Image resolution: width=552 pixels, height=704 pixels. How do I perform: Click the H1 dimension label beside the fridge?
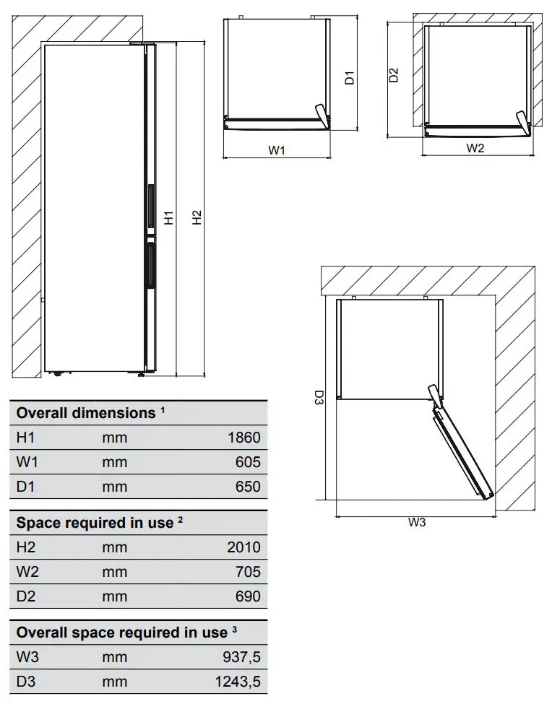(x=169, y=217)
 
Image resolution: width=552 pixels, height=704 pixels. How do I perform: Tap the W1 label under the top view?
(x=277, y=150)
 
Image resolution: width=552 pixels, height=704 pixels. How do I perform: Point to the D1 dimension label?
(x=349, y=77)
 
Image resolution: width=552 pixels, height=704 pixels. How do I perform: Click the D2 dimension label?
(x=394, y=75)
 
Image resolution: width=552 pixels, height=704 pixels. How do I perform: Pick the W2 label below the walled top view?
(x=475, y=148)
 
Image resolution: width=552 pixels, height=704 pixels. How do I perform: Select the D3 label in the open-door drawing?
(x=318, y=398)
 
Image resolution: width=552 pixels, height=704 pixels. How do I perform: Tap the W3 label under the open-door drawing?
(x=417, y=523)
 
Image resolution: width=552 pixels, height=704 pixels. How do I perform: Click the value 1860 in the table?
(x=243, y=438)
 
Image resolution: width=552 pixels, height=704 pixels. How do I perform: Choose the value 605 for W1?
(x=248, y=462)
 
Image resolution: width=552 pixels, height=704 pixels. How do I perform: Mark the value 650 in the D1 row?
(x=248, y=487)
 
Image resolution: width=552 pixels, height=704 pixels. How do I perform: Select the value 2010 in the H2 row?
(x=243, y=547)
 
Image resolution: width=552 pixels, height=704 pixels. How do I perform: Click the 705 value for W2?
(x=248, y=572)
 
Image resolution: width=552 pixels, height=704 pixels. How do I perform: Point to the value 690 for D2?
(x=248, y=596)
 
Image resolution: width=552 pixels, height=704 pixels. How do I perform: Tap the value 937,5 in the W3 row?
(x=241, y=657)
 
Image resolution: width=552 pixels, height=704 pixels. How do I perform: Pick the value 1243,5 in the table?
(x=238, y=682)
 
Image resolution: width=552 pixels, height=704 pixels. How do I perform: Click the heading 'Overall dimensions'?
(x=85, y=413)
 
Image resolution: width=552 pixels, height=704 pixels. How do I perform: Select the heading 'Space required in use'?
(x=95, y=523)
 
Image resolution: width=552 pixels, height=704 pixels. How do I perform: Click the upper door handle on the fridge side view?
(x=151, y=206)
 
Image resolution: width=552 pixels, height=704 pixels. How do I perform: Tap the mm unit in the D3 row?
(x=114, y=682)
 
